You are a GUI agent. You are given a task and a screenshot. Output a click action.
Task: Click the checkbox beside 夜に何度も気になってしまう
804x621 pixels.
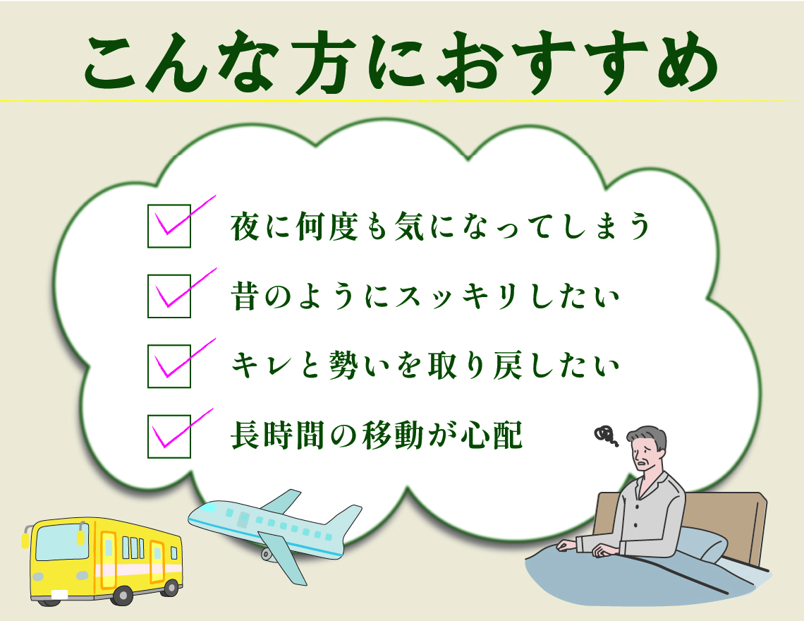[169, 226]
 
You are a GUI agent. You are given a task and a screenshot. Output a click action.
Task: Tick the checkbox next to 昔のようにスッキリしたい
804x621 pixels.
[169, 296]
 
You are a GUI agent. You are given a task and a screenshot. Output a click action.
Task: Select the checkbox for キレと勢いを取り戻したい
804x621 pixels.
[169, 366]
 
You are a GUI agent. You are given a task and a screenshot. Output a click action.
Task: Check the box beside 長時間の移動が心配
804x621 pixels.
[169, 436]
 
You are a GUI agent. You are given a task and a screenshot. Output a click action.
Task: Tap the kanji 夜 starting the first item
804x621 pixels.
[246, 227]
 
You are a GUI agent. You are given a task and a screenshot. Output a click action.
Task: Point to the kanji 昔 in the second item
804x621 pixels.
[246, 296]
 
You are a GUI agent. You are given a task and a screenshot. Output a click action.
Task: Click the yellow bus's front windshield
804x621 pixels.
[61, 542]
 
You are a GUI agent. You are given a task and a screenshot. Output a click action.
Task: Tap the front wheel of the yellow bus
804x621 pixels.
[122, 596]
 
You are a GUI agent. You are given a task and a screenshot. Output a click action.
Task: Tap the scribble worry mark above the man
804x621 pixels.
[606, 435]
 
